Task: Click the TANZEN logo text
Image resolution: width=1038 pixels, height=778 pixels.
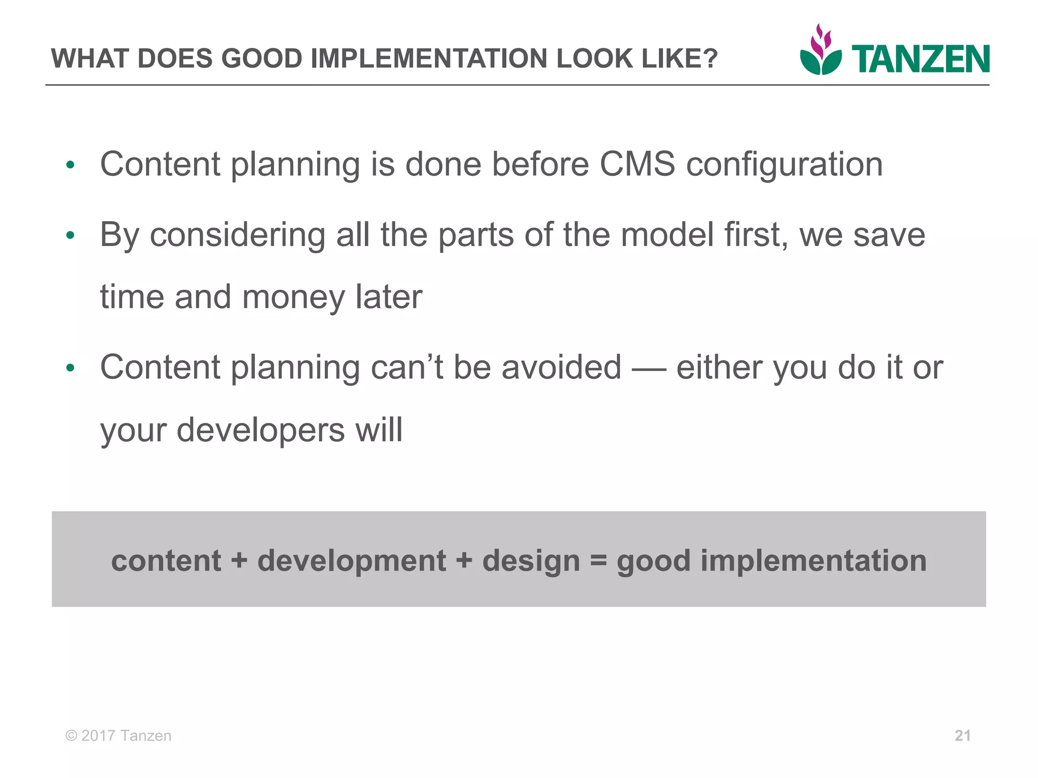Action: pos(920,59)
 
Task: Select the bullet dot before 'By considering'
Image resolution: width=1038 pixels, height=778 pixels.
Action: pos(70,235)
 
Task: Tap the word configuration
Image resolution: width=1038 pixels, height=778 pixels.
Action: pos(784,165)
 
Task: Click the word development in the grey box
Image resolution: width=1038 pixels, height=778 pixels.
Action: pos(352,561)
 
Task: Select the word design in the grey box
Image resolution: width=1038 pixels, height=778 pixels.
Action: pos(531,561)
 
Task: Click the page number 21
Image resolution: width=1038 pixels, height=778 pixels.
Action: pos(962,735)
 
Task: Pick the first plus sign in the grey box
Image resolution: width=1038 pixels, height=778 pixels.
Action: pos(239,561)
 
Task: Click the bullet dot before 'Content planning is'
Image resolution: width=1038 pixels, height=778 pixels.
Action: pos(70,165)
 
